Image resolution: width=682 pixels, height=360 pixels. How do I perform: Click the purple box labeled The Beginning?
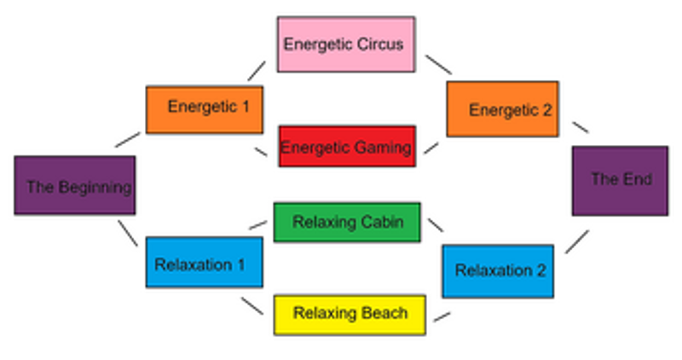coord(75,185)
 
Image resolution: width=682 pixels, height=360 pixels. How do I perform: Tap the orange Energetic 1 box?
coord(204,109)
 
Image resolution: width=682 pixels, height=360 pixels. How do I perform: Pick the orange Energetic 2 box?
coord(503,109)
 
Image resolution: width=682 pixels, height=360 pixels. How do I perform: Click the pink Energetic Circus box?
coord(346,44)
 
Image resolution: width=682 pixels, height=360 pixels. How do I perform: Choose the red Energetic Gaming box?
coord(347,147)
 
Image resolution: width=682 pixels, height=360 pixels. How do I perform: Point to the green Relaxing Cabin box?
coord(347,222)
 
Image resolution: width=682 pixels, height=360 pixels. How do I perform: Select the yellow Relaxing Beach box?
coord(350,313)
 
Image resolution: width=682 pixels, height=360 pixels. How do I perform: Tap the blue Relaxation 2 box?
coord(498,271)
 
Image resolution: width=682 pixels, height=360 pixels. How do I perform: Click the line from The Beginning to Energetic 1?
coord(127,139)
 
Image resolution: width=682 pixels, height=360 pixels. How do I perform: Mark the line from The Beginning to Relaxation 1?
coord(127,232)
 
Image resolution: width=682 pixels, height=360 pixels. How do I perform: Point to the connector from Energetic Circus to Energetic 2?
coord(438,64)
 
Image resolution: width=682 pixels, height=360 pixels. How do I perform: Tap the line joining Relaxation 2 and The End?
coord(577,241)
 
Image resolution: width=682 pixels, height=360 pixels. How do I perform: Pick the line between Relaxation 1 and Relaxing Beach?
coord(252,305)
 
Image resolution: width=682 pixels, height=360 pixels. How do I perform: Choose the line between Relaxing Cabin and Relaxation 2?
coord(436,225)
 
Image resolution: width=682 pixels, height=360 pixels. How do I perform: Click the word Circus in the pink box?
coord(381,44)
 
